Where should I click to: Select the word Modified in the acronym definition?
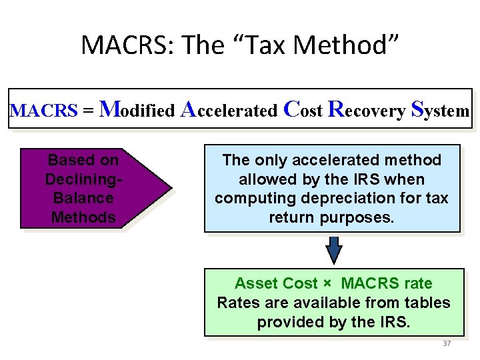(138, 109)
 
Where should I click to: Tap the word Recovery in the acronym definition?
(367, 109)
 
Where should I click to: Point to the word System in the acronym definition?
(441, 109)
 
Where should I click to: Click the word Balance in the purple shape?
(83, 198)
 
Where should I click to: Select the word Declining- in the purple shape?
(83, 179)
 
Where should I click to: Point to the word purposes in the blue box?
(363, 217)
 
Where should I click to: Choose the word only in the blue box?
(271, 160)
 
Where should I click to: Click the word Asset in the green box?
(256, 283)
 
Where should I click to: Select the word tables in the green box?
(429, 303)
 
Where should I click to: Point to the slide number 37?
(447, 343)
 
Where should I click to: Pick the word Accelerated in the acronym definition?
(229, 109)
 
